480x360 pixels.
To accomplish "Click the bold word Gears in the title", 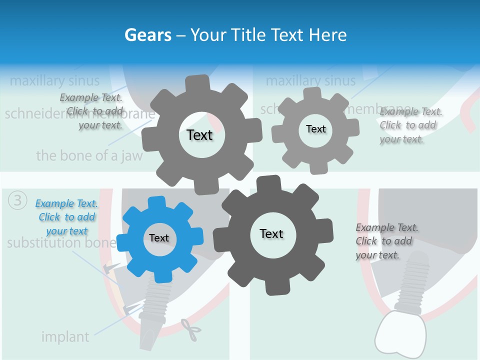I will [147, 35].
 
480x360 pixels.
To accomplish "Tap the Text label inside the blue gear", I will [159, 238].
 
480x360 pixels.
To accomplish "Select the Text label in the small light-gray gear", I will [315, 129].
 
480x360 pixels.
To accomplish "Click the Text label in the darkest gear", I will [271, 233].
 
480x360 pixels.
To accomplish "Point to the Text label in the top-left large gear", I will [199, 135].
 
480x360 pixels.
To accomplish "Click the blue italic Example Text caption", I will [66, 217].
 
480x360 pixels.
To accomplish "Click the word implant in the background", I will [65, 337].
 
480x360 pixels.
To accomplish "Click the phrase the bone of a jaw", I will [89, 155].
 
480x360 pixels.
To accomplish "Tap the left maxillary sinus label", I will [54, 80].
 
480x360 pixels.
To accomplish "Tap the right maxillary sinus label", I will [310, 80].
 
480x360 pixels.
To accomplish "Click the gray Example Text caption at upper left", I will [91, 111].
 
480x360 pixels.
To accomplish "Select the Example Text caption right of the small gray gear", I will [410, 125].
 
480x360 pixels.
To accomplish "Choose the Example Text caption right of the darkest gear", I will [386, 241].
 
